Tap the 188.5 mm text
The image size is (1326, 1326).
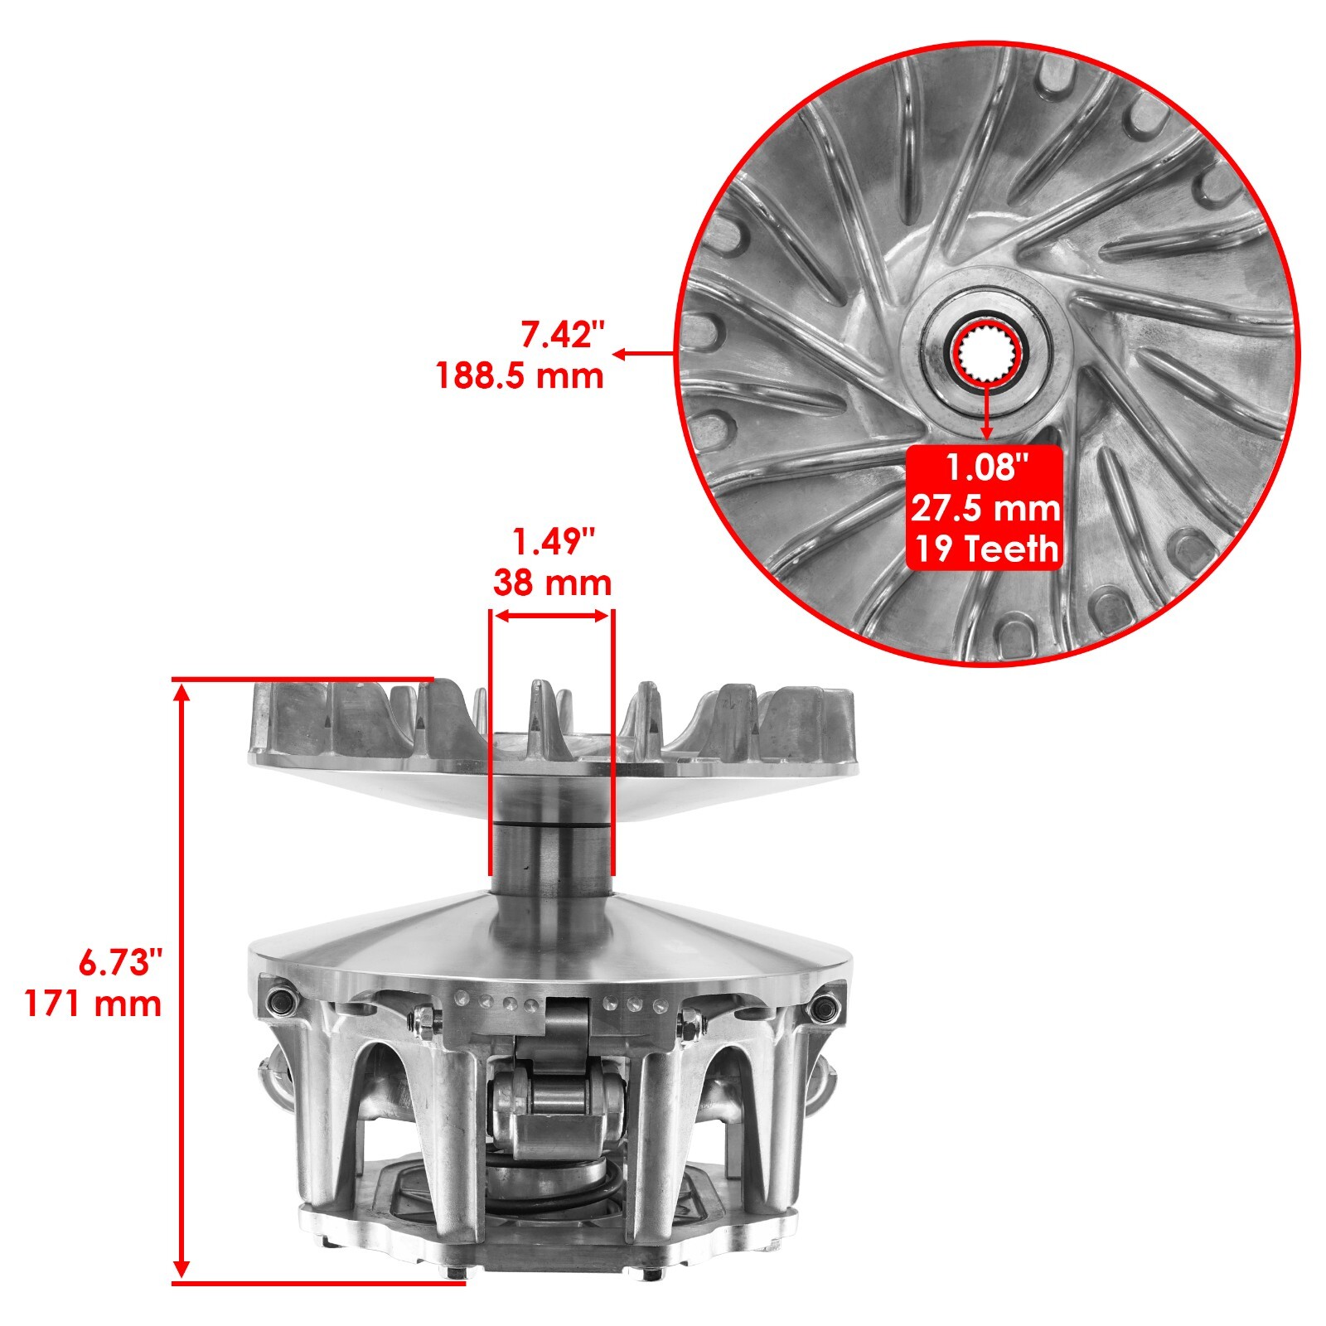520,376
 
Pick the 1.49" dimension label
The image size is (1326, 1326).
554,543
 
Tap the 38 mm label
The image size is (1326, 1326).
552,583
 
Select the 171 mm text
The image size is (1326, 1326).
93,1004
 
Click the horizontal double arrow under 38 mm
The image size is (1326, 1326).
552,615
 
